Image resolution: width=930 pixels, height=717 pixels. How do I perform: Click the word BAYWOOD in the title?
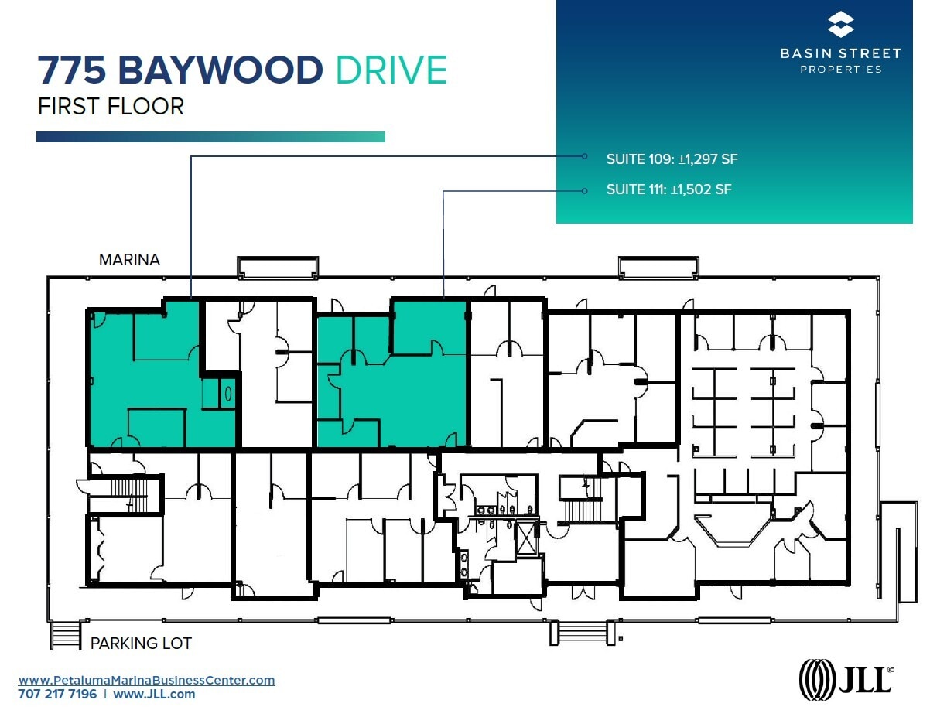pyautogui.click(x=220, y=70)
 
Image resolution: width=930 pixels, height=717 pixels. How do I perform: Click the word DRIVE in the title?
pyautogui.click(x=391, y=70)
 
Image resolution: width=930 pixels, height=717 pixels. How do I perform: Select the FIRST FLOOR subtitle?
pyautogui.click(x=111, y=106)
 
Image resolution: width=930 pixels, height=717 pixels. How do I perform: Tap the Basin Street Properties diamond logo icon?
pyautogui.click(x=840, y=25)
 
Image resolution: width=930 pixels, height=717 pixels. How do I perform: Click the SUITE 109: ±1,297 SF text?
pyautogui.click(x=672, y=159)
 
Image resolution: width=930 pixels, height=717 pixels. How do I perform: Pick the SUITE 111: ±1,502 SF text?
pyautogui.click(x=668, y=189)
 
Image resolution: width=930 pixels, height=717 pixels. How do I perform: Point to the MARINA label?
pyautogui.click(x=129, y=260)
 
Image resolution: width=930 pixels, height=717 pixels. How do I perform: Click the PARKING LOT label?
pyautogui.click(x=141, y=643)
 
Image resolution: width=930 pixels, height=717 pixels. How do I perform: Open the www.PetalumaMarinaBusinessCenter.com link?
pyautogui.click(x=147, y=681)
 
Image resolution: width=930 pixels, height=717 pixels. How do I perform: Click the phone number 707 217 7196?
pyautogui.click(x=58, y=695)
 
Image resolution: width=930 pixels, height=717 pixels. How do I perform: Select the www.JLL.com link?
pyautogui.click(x=154, y=695)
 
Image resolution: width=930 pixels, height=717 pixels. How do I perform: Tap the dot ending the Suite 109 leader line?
pyautogui.click(x=585, y=156)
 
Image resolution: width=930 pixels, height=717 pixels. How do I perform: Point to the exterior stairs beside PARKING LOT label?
pyautogui.click(x=61, y=634)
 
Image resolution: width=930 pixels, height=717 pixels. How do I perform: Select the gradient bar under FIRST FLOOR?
pyautogui.click(x=210, y=137)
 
